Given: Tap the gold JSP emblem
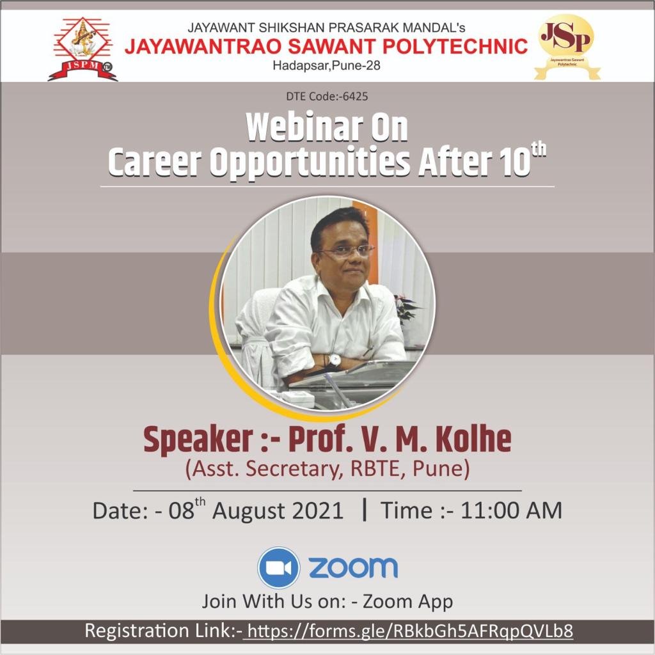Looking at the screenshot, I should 566,46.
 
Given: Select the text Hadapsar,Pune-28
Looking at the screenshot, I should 327,65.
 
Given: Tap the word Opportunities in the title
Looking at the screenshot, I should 310,164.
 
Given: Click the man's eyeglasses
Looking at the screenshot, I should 346,251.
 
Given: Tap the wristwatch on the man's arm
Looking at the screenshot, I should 335,359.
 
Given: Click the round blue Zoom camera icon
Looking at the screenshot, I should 278,567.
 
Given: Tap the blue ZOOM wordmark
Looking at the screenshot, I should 353,567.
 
